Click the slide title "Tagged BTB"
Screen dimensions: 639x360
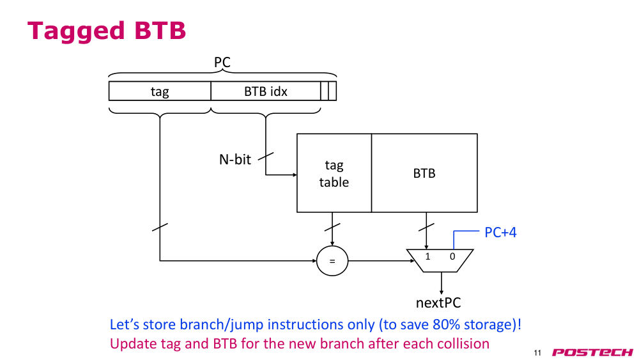point(106,31)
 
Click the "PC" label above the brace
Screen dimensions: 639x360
point(222,63)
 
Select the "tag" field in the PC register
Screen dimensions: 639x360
point(160,91)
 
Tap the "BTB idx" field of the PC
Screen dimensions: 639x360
point(266,91)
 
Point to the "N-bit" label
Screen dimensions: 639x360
point(235,159)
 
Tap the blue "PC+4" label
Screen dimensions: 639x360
point(500,232)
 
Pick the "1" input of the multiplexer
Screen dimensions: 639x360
point(427,256)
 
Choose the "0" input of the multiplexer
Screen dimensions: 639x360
point(452,256)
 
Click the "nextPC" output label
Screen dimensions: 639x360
point(438,303)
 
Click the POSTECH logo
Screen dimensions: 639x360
point(592,352)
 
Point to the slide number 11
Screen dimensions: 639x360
point(537,353)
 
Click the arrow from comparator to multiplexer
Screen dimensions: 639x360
point(381,261)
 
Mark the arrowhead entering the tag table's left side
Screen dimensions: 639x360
point(295,175)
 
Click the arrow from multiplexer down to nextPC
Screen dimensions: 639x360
point(442,283)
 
